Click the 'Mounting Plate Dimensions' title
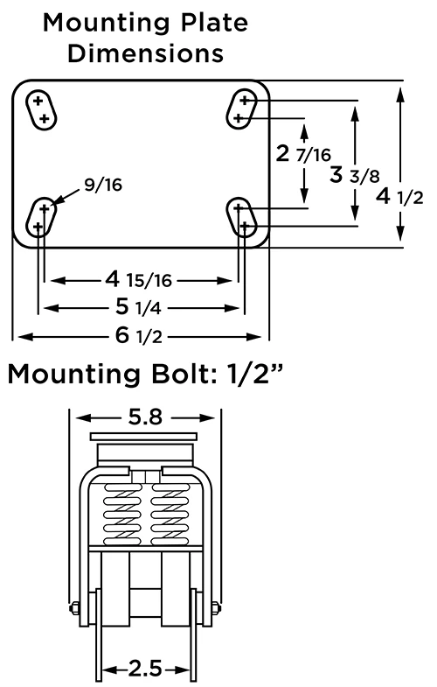[x=145, y=38]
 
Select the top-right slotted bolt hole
[x=240, y=109]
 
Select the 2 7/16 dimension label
[x=302, y=155]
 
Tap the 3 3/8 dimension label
[x=354, y=175]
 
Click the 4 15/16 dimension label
[x=140, y=280]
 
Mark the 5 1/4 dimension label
[x=140, y=308]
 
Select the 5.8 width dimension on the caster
[x=144, y=417]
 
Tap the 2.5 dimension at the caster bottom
[x=144, y=669]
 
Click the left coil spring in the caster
[x=122, y=512]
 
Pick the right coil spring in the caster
[x=168, y=512]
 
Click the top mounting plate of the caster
[x=144, y=437]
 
